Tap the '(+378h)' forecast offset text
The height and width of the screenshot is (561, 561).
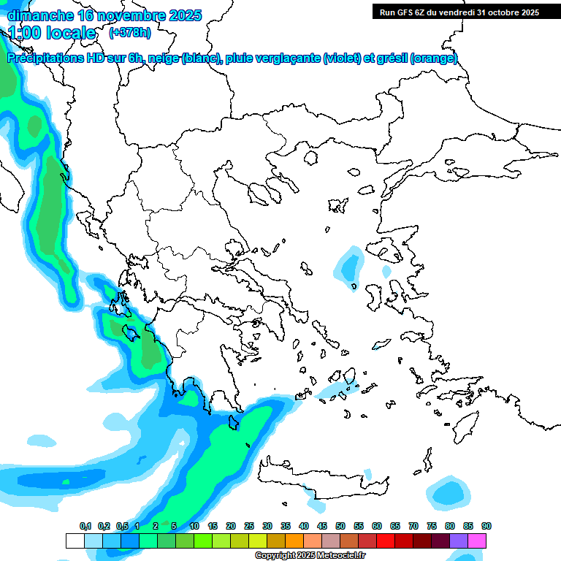click(x=129, y=32)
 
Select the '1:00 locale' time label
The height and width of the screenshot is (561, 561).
click(x=52, y=33)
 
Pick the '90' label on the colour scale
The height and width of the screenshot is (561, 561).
click(x=486, y=526)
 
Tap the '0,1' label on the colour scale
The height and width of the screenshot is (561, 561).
click(x=85, y=526)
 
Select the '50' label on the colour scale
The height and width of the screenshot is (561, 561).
click(x=340, y=526)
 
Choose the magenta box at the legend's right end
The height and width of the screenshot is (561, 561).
click(x=477, y=541)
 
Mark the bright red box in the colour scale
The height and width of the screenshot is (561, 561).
click(x=386, y=541)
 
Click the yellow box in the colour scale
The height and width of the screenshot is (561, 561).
click(x=258, y=541)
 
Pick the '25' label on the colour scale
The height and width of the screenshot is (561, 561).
click(x=249, y=526)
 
